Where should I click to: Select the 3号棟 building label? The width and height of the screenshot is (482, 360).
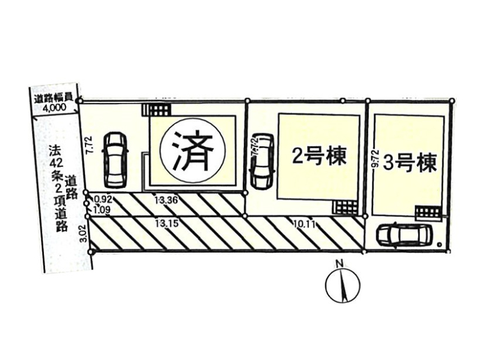coord(410,163)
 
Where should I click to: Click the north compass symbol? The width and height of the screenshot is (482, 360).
coord(342,285)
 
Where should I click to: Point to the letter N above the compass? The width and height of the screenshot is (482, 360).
coord(339,262)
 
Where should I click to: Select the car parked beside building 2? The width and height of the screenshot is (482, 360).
coord(261,160)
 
